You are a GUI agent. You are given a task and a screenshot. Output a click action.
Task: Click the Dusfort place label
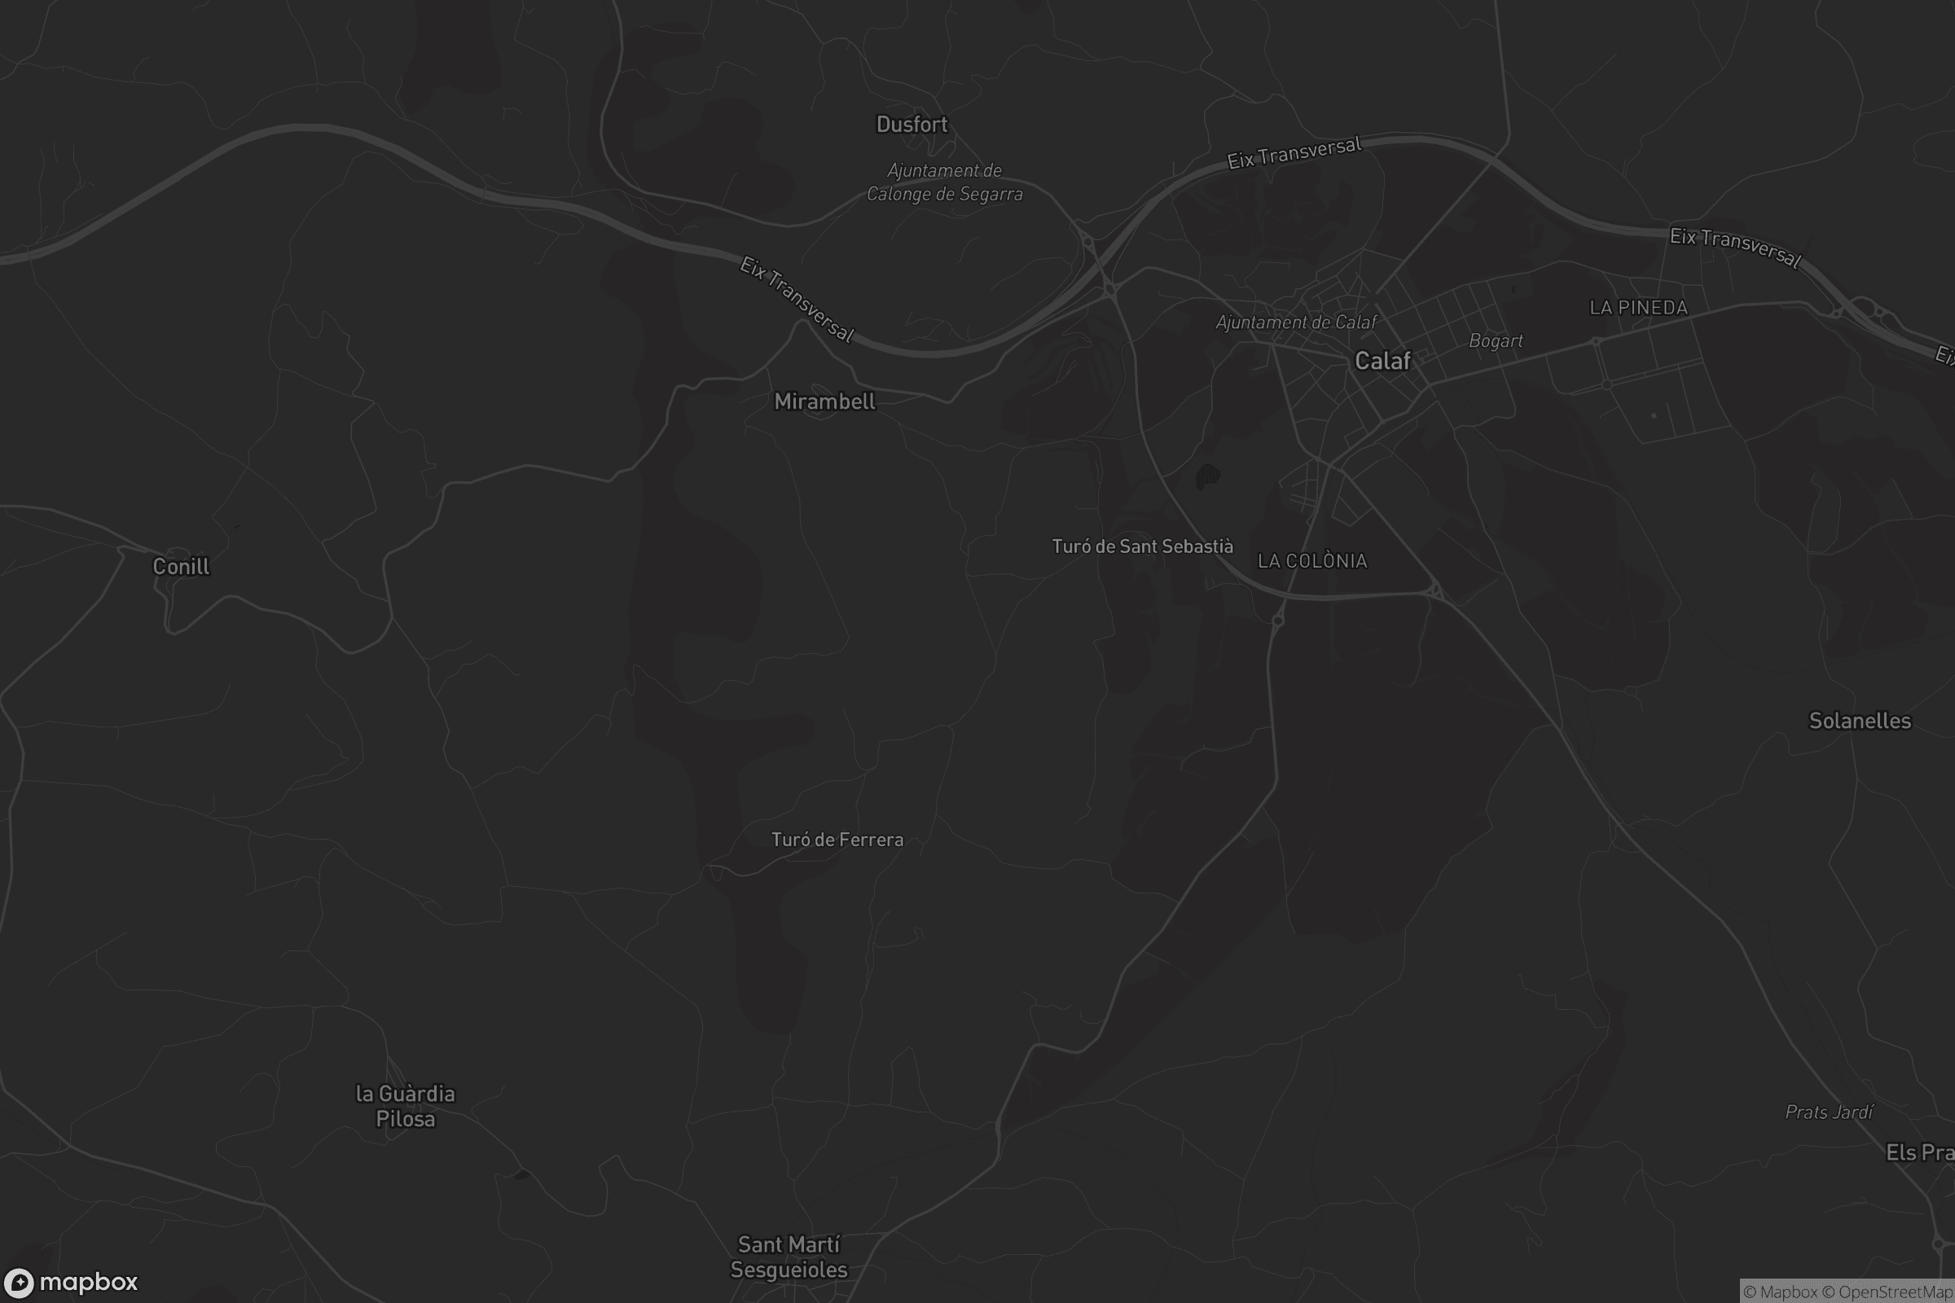[x=911, y=125]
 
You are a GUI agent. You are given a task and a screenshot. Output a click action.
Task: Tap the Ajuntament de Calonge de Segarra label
[x=944, y=182]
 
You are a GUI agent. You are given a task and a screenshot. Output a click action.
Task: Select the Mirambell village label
[x=824, y=402]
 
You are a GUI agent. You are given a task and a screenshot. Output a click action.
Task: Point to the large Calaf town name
[x=1382, y=361]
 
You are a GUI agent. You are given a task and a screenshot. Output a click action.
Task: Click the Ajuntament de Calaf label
[x=1295, y=322]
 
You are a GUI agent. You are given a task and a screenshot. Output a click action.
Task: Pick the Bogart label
[x=1496, y=340]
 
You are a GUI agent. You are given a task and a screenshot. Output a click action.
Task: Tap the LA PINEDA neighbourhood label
[x=1637, y=308]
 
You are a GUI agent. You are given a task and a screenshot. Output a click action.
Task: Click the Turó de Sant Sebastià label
[x=1142, y=546]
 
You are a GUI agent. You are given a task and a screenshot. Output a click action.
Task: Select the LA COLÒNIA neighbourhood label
[x=1311, y=561]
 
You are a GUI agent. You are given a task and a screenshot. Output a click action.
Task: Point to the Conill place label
[x=181, y=567]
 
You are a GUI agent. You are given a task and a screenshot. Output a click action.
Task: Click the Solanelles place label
[x=1860, y=721]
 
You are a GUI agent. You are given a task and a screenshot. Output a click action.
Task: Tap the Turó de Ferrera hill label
[x=837, y=840]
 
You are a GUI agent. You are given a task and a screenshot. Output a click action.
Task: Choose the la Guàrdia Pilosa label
[x=405, y=1106]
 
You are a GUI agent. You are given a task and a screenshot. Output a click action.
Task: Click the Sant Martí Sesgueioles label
[x=788, y=1257]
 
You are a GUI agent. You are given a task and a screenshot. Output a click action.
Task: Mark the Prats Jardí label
[x=1829, y=1112]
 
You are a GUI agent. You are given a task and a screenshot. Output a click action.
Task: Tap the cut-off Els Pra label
[x=1919, y=1152]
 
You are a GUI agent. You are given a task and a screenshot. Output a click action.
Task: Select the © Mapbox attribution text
[x=1781, y=1292]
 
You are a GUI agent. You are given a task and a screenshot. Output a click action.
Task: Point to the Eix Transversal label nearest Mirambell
[x=797, y=299]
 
